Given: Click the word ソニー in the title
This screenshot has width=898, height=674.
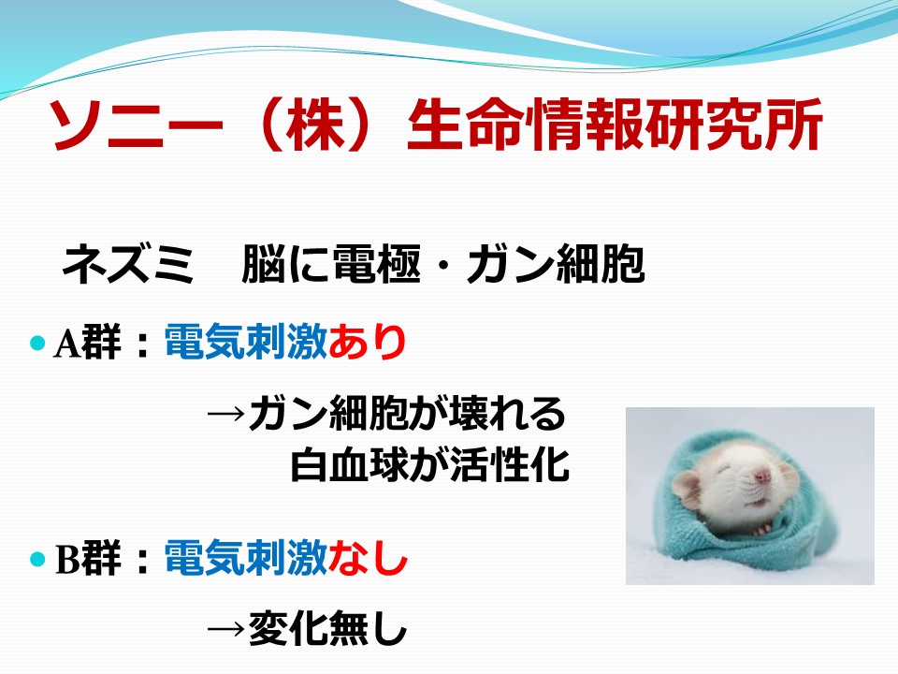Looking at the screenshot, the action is point(135,125).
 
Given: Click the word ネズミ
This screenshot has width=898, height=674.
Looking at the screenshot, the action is point(127,264).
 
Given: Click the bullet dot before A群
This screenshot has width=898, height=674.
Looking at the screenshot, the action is point(37,343).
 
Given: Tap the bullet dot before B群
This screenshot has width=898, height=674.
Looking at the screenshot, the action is point(37,558).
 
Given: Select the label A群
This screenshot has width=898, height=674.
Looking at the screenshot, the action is point(88,343).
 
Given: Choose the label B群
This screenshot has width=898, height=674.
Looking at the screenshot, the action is point(88,558).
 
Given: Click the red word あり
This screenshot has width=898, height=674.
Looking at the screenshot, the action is point(367,343).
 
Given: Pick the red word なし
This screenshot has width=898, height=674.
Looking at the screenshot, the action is point(368,558).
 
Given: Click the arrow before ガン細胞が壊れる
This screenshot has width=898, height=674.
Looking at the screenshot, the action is point(225,413).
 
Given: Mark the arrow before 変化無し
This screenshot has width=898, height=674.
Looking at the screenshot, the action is point(225,629).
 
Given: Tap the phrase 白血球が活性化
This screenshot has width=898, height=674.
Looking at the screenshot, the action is point(430,464).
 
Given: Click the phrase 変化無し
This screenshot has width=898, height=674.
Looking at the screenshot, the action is point(327,628).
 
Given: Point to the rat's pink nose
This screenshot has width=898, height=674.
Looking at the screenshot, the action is point(761,475).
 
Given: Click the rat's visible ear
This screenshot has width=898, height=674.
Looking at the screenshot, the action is point(686,491).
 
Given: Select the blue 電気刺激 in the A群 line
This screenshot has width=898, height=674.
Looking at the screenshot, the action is point(246,343).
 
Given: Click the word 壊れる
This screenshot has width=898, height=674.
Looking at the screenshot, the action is point(508,413).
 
